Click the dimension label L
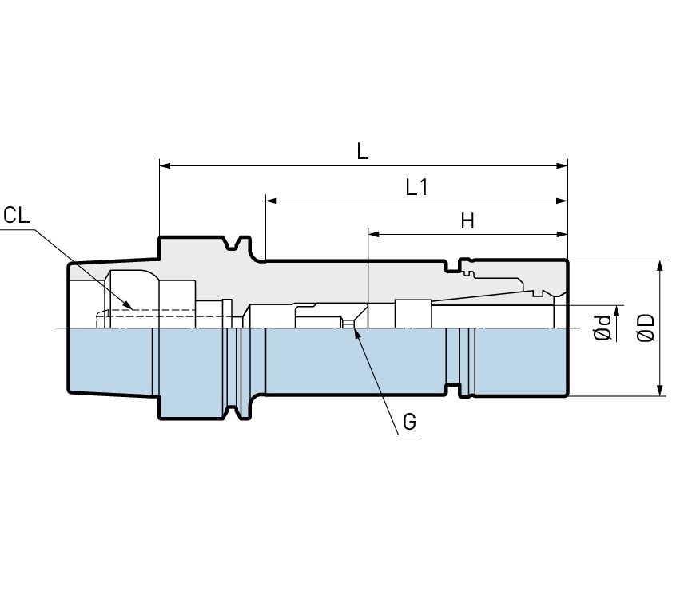(x=363, y=151)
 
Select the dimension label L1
(x=417, y=187)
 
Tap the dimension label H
(x=467, y=221)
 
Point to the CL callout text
(x=16, y=215)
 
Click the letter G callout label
(x=409, y=422)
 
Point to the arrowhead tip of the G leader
(x=355, y=327)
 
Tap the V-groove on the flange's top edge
(x=234, y=244)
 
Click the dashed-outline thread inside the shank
(x=144, y=320)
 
